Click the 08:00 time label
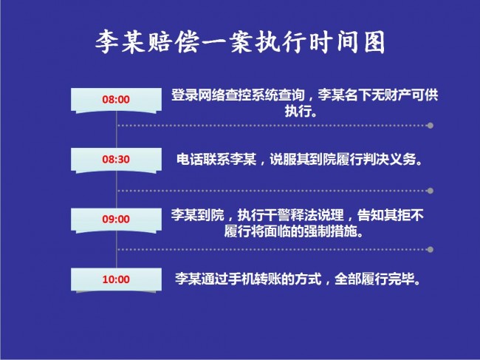pyautogui.click(x=116, y=100)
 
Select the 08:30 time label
pyautogui.click(x=116, y=160)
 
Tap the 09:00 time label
pyautogui.click(x=116, y=219)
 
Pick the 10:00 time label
pyautogui.click(x=116, y=279)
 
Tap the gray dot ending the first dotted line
pyautogui.click(x=430, y=126)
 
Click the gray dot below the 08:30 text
pyautogui.click(x=430, y=191)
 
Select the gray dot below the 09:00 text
pyautogui.click(x=430, y=249)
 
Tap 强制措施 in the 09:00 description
pyautogui.click(x=331, y=231)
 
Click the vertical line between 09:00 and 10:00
pyautogui.click(x=117, y=250)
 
